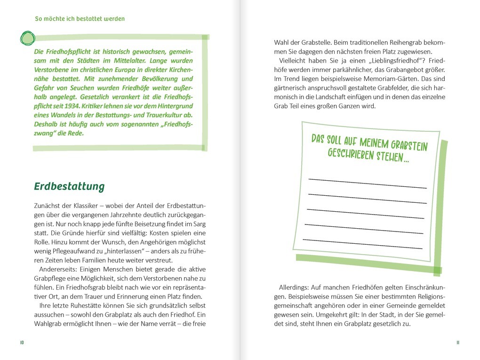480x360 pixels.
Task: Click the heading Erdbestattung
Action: click(69, 186)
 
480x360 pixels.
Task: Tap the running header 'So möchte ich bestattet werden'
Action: click(80, 19)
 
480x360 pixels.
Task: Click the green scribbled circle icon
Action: click(28, 38)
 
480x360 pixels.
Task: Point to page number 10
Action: click(22, 342)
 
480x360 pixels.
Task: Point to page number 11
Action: click(457, 342)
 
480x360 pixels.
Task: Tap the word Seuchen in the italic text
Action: click(89, 88)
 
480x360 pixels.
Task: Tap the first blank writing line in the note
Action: click(367, 183)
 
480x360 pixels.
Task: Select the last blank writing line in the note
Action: click(362, 244)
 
